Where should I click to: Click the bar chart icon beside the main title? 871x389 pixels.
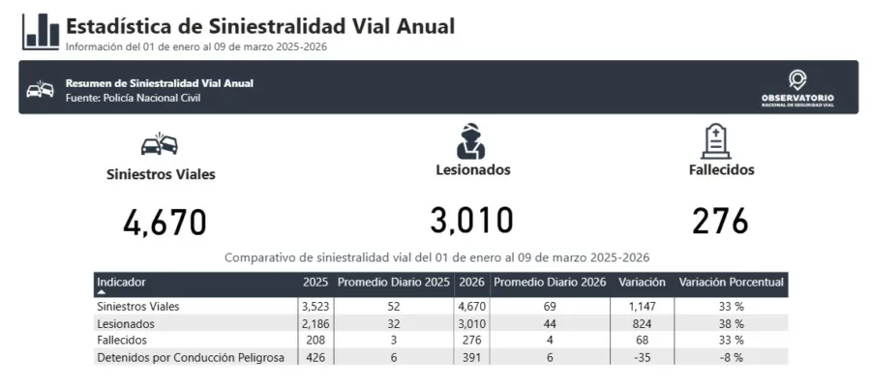(42, 31)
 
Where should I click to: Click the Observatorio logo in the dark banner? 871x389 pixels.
(797, 88)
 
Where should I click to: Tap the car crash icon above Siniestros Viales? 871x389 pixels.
(160, 145)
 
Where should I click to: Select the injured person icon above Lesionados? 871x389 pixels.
(471, 141)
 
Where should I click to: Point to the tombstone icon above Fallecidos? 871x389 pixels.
(715, 141)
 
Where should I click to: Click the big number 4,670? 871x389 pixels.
(165, 223)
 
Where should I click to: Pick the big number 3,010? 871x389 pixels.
(471, 221)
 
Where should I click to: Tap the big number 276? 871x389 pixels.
(721, 221)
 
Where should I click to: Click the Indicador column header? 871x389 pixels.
(122, 283)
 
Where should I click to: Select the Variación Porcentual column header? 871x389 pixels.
(732, 283)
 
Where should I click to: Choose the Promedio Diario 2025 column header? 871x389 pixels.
(394, 283)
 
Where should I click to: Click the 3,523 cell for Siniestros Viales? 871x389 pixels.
(315, 307)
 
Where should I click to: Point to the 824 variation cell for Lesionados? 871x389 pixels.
(642, 323)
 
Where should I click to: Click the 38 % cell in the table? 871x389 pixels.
(732, 323)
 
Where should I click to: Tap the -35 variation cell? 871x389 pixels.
(642, 357)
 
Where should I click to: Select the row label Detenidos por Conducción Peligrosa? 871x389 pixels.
(191, 357)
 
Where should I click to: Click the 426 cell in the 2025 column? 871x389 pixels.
(315, 357)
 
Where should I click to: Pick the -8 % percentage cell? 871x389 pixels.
(732, 357)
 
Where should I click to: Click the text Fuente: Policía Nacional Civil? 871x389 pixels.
(133, 98)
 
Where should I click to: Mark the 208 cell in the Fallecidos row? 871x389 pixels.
(315, 340)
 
